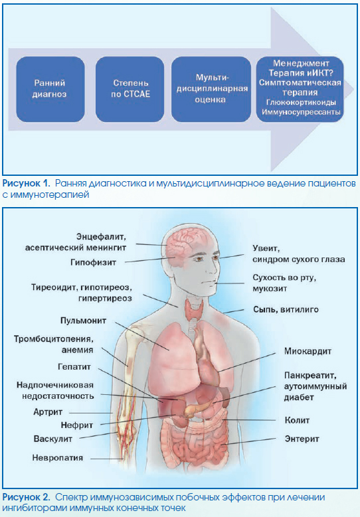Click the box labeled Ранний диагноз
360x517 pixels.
[50, 89]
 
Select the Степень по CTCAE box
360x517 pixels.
[130, 89]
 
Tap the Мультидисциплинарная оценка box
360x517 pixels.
[211, 89]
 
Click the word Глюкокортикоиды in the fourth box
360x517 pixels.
[301, 103]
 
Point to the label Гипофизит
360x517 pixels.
[93, 262]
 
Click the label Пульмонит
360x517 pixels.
[83, 321]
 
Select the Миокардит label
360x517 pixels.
[308, 351]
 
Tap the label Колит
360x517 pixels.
[297, 420]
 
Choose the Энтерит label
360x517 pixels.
[302, 439]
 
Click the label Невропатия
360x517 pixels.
[57, 458]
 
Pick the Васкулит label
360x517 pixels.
[52, 439]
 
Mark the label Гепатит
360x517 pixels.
[74, 366]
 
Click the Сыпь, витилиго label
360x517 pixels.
[286, 309]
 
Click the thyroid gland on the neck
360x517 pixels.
[194, 309]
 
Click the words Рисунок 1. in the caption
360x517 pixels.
[26, 183]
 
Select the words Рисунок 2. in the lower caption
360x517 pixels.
[27, 497]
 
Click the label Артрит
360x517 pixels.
[48, 412]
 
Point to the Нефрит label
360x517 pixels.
[77, 425]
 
